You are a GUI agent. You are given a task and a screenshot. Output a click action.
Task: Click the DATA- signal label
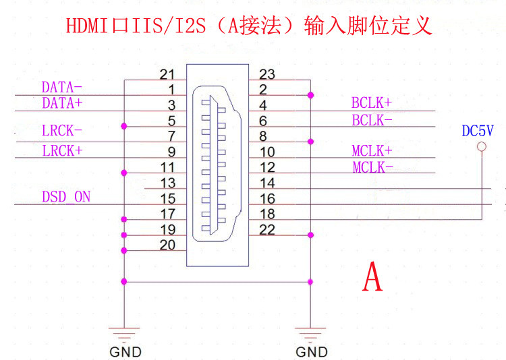61,88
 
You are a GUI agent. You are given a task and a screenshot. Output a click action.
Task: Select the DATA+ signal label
61,103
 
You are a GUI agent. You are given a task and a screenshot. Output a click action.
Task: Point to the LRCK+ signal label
61,150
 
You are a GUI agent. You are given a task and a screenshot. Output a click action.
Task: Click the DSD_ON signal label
65,198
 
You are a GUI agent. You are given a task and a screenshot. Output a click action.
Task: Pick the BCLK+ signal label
371,103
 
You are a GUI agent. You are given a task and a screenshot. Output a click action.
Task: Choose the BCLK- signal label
371,121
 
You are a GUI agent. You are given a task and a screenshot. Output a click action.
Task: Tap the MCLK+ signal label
372,150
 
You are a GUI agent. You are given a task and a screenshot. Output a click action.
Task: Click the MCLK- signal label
372,167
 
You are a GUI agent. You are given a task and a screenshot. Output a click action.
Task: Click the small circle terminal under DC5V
481,146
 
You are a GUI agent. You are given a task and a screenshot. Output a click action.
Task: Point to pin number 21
167,73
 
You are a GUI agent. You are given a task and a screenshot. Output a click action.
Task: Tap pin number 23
267,74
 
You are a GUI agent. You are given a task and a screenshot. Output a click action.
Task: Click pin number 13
167,183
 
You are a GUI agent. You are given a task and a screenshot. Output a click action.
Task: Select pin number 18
267,214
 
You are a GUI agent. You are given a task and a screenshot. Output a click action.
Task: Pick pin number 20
167,245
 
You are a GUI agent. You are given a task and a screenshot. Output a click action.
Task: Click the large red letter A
372,276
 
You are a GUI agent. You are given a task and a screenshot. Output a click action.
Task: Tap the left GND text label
125,352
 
